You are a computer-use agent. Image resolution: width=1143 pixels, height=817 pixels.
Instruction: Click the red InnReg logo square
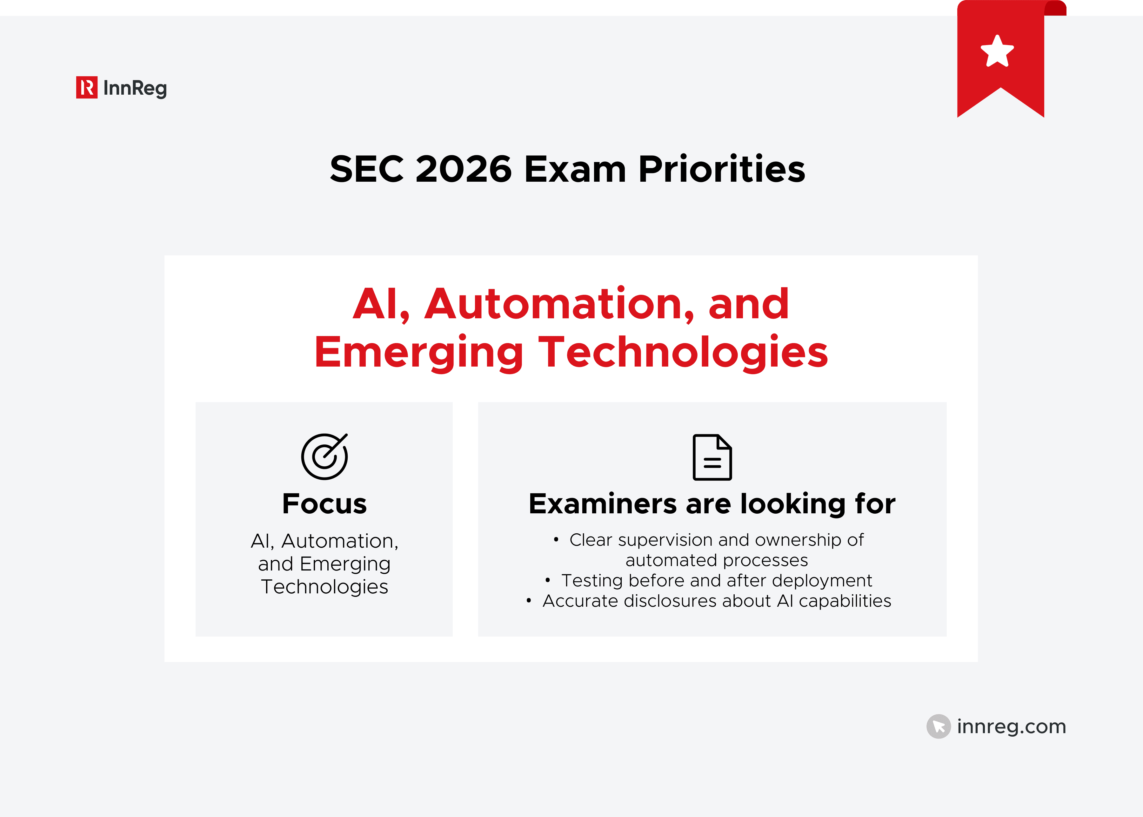coord(86,88)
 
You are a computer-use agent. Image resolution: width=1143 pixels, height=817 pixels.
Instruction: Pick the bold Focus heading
coord(324,503)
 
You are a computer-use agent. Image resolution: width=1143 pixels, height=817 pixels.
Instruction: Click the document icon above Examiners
coord(712,457)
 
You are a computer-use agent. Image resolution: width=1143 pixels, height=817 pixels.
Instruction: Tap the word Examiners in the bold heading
coord(602,503)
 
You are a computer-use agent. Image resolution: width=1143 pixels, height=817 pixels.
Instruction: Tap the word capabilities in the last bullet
coord(844,601)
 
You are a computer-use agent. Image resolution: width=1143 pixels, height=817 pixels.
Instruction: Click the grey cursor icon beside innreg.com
coord(938,726)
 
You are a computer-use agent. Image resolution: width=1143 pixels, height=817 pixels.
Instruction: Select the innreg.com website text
coord(1011,726)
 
